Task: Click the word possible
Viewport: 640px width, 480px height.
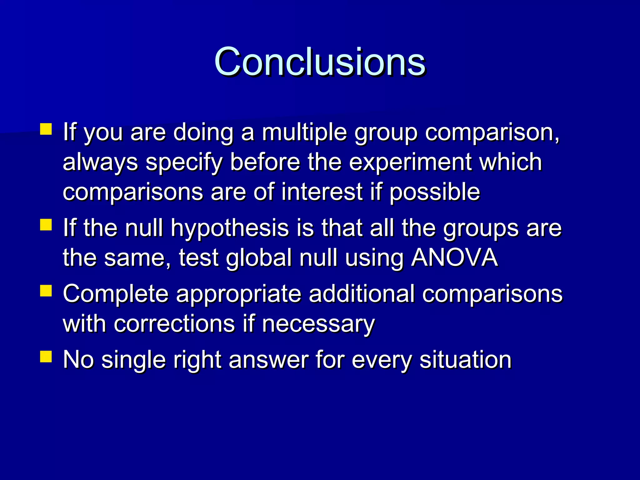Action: pyautogui.click(x=434, y=192)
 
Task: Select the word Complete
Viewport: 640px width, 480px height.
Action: pyautogui.click(x=116, y=294)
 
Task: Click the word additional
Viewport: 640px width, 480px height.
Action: pyautogui.click(x=362, y=294)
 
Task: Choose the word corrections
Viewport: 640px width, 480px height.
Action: pyautogui.click(x=174, y=324)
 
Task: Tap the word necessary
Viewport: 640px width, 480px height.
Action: pyautogui.click(x=318, y=324)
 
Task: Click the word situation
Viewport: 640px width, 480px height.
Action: pyautogui.click(x=465, y=359)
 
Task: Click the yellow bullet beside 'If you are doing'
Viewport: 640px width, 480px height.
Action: pyautogui.click(x=46, y=129)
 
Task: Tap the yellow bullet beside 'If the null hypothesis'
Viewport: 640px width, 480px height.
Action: pyautogui.click(x=46, y=225)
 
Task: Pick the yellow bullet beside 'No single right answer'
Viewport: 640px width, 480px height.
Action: pyautogui.click(x=46, y=356)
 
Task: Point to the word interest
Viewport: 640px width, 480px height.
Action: pyautogui.click(x=322, y=192)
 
